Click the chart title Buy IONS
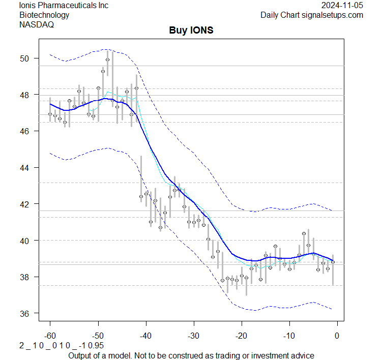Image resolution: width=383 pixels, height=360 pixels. pos(191,31)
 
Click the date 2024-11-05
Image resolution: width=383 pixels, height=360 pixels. pos(342,5)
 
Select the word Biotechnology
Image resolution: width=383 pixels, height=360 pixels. pos(44,15)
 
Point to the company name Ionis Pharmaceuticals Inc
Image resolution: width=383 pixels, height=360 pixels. pos(64,5)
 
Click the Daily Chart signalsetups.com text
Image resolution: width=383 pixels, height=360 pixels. pos(312,15)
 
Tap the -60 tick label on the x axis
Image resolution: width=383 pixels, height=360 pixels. pos(50,336)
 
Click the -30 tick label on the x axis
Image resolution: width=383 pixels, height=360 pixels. pos(193,336)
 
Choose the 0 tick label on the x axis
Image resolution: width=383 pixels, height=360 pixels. pos(337,336)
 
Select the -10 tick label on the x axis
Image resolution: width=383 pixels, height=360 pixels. pos(289,336)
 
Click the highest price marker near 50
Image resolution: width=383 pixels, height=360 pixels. pos(107,59)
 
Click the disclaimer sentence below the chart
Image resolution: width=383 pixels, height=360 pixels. pos(191,355)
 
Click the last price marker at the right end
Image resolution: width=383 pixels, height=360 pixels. pos(333,262)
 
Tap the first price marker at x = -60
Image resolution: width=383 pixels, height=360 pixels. pos(50,114)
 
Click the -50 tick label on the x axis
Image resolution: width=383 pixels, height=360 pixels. pos(98,336)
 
